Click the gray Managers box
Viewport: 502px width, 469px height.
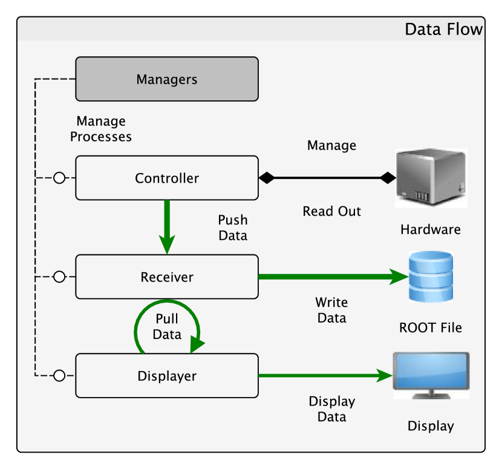point(166,79)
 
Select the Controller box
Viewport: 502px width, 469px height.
point(166,178)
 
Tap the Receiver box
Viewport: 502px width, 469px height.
point(166,277)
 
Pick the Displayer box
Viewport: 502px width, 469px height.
point(166,376)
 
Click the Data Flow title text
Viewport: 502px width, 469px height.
point(443,30)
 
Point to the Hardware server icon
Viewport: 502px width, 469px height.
point(431,178)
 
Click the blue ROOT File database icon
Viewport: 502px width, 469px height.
point(431,277)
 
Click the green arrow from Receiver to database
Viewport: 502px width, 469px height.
point(333,277)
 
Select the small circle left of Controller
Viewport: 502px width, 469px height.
point(59,178)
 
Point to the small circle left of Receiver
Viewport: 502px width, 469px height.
point(59,277)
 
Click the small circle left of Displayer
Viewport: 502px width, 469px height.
point(59,376)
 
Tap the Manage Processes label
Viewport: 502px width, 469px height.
point(101,129)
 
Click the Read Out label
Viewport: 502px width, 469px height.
point(332,212)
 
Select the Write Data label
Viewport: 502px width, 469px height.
point(331,310)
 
